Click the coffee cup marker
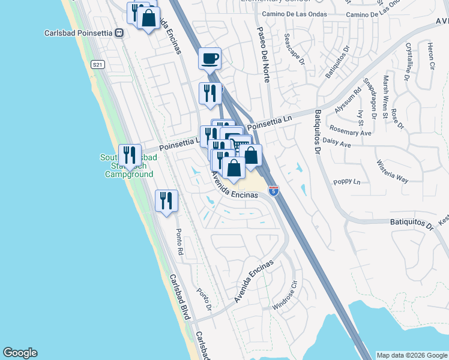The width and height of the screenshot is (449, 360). pyautogui.click(x=209, y=59)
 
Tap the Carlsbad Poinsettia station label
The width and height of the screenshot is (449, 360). pyautogui.click(x=79, y=32)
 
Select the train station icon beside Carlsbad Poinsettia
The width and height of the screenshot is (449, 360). pyautogui.click(x=119, y=32)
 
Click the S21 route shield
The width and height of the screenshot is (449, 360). pyautogui.click(x=97, y=64)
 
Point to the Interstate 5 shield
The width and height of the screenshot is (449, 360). pyautogui.click(x=274, y=191)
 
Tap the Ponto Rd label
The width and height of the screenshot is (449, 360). pyautogui.click(x=178, y=241)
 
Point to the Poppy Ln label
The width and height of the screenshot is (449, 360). pyautogui.click(x=348, y=181)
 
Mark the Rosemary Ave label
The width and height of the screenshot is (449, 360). pyautogui.click(x=351, y=131)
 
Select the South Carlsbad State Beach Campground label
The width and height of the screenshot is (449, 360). pyautogui.click(x=128, y=166)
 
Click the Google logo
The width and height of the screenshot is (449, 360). pyautogui.click(x=20, y=353)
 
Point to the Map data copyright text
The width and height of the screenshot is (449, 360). pyautogui.click(x=411, y=355)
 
